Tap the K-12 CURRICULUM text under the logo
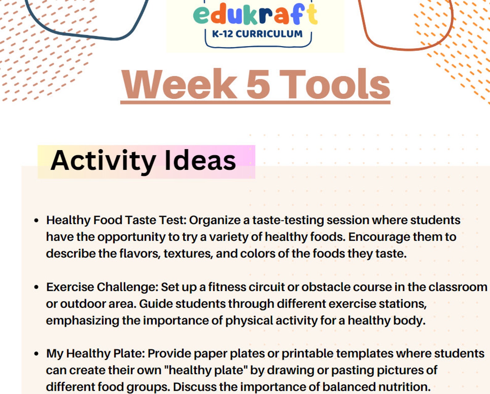[x=257, y=34]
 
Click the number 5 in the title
[x=258, y=84]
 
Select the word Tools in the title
[x=335, y=84]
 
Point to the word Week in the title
[x=179, y=84]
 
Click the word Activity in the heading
[x=103, y=160]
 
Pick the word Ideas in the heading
[x=200, y=160]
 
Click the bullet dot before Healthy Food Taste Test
[x=36, y=221]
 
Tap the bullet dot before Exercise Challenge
[x=36, y=287]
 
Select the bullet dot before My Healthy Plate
[x=36, y=354]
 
